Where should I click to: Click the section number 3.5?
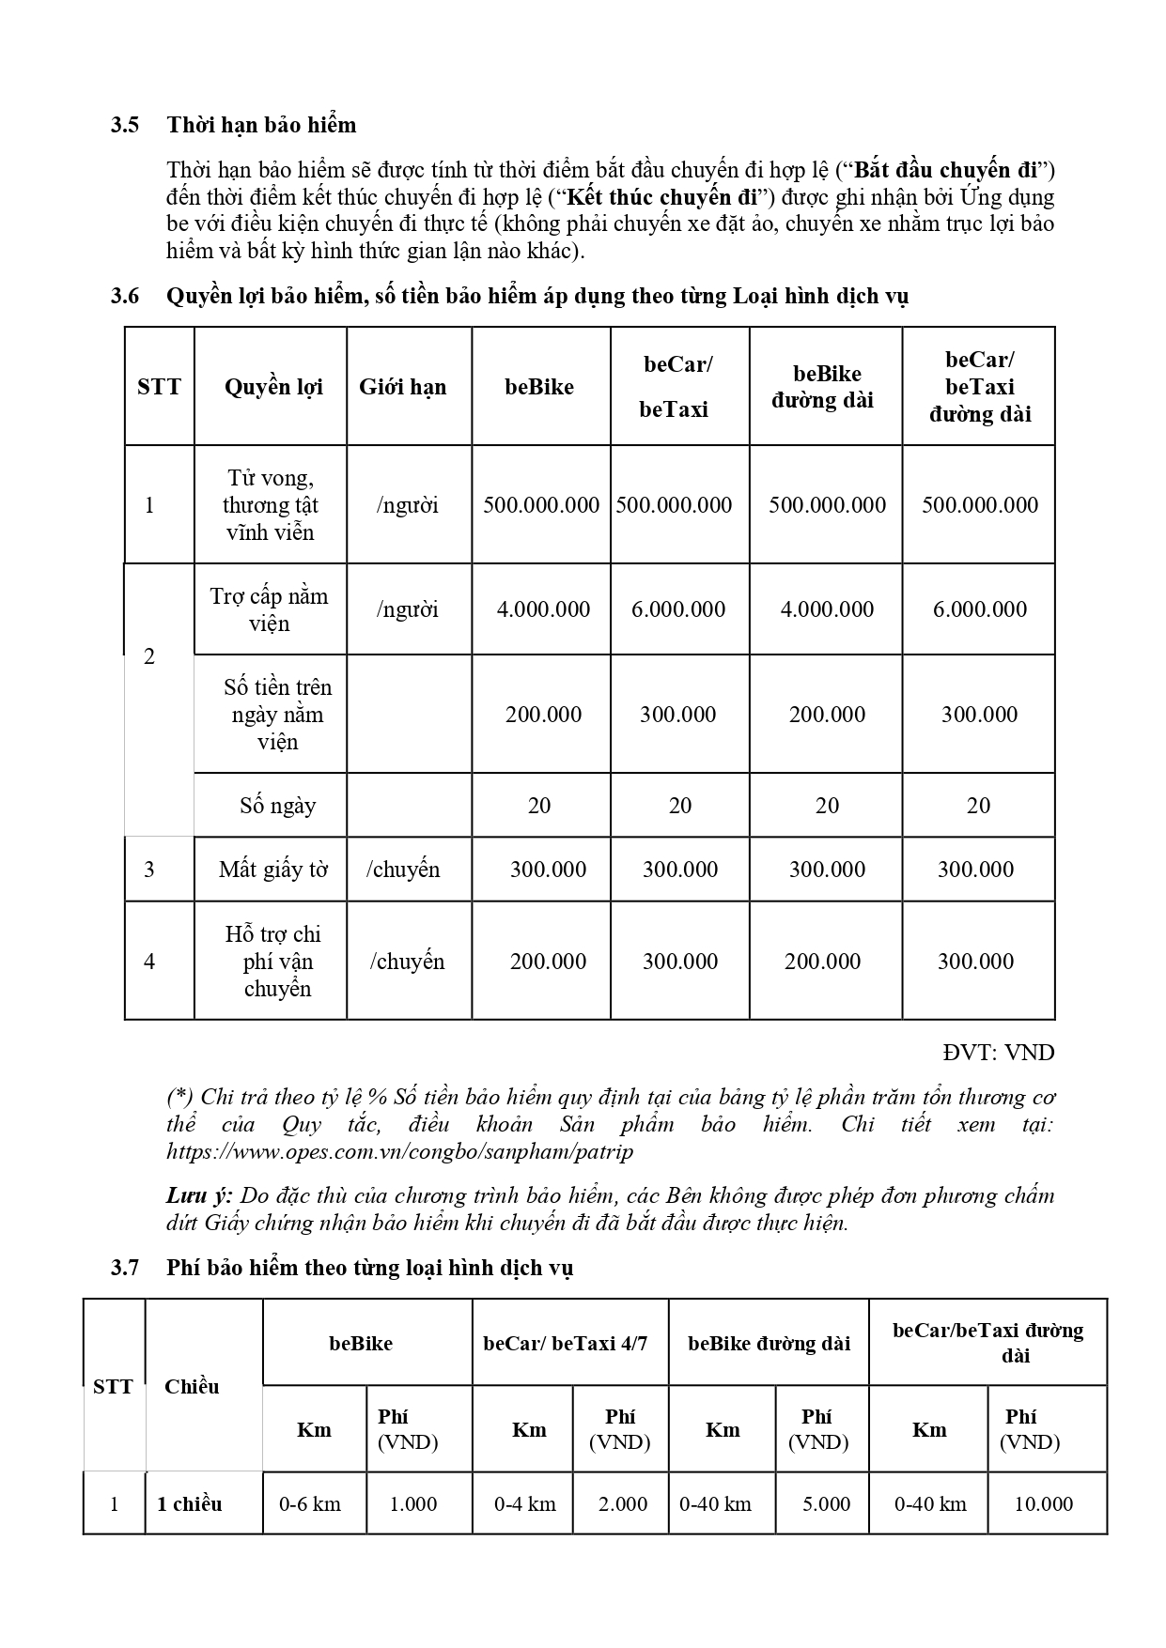click(x=125, y=125)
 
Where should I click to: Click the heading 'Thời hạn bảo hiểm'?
click(x=261, y=125)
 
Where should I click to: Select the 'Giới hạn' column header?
click(x=402, y=387)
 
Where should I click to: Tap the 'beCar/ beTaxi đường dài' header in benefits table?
click(x=979, y=387)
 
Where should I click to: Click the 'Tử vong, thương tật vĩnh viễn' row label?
click(x=271, y=505)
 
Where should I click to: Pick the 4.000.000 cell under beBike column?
click(x=543, y=609)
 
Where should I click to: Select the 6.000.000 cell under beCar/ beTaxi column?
click(x=678, y=609)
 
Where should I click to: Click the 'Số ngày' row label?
click(x=277, y=806)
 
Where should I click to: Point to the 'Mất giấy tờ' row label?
click(x=273, y=870)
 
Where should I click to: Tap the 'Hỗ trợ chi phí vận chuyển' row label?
click(x=273, y=962)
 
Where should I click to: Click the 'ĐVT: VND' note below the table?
click(x=999, y=1053)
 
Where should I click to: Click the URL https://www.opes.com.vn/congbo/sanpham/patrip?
click(x=400, y=1151)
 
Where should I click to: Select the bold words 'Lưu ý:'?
click(x=199, y=1196)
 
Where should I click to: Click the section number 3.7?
click(x=125, y=1268)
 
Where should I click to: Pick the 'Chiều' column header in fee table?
click(x=192, y=1386)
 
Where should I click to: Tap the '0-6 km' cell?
click(x=310, y=1503)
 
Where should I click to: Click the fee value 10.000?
click(x=1043, y=1503)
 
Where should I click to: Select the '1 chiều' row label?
click(x=190, y=1503)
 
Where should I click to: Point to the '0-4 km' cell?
click(x=525, y=1503)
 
